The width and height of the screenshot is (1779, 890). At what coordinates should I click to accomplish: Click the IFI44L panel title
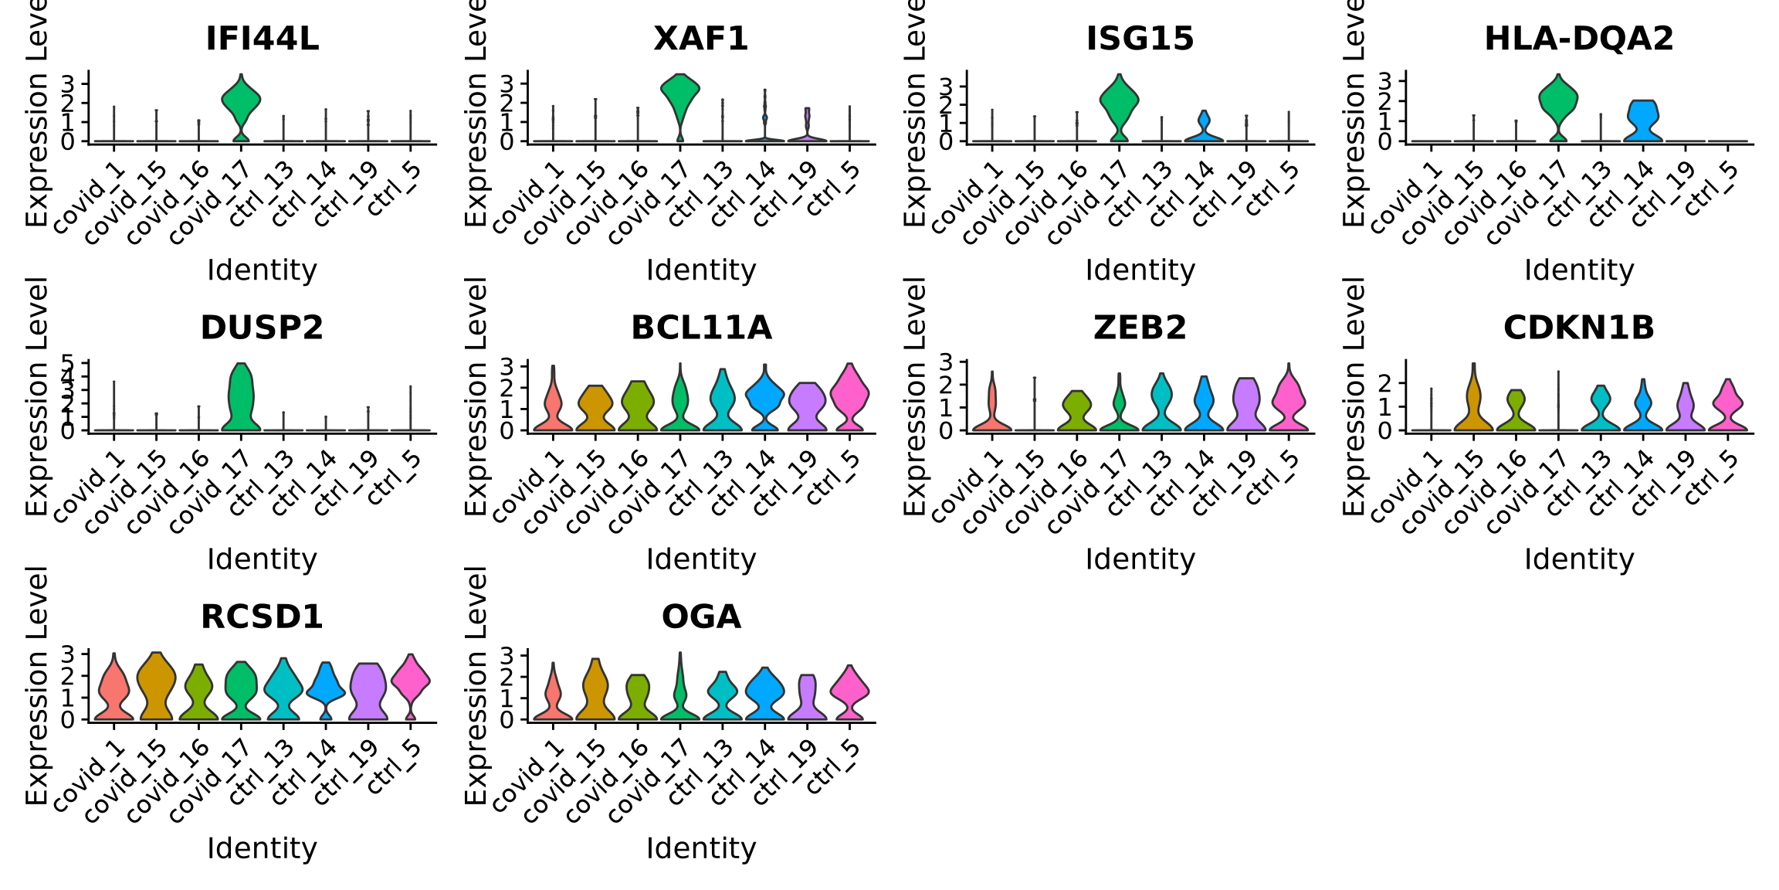coord(262,39)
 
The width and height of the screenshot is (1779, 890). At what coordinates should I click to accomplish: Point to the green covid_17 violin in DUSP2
coord(241,398)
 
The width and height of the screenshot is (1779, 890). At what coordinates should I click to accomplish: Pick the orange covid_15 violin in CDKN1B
coord(1473,406)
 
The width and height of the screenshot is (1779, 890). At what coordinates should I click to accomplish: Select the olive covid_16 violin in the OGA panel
coord(637,695)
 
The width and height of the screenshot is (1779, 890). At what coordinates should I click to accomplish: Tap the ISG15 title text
coord(1140,39)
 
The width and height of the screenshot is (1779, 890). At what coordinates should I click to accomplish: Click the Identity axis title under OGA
coord(701,848)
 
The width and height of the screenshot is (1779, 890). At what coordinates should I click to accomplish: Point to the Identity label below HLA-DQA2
coord(1579,270)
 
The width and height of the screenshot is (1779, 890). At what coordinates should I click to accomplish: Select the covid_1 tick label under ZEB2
coord(968,487)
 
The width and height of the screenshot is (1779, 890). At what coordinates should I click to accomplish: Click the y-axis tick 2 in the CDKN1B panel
coord(1385,382)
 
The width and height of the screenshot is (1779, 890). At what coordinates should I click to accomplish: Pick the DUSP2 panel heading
coord(262,328)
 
